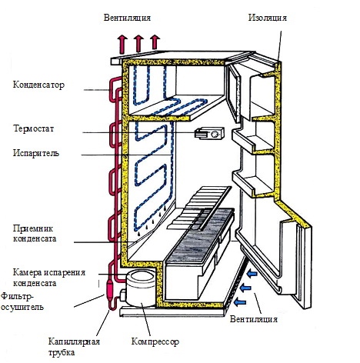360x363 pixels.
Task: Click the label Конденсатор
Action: [x=38, y=85]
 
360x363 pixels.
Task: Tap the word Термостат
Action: [x=34, y=128]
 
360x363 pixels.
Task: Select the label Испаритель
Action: [x=36, y=153]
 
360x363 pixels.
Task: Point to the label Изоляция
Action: [x=268, y=18]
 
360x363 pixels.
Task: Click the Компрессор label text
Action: [x=155, y=341]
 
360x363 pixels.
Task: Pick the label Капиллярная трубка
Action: [x=74, y=347]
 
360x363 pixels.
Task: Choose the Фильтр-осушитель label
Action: [x=22, y=301]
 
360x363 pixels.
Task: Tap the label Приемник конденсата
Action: [x=35, y=233]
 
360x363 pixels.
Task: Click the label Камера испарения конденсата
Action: [x=49, y=278]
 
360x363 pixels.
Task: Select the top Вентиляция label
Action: [x=127, y=18]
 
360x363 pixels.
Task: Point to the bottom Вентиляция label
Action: [x=254, y=319]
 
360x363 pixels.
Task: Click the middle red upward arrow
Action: [x=138, y=44]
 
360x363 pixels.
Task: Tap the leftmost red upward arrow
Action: [x=123, y=45]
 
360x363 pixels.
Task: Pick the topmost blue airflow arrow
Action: [x=252, y=274]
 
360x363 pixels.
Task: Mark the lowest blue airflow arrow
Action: [x=240, y=301]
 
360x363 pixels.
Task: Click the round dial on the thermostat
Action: [x=215, y=134]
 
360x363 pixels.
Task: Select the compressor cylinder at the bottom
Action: [x=141, y=288]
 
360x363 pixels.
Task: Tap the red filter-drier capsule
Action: [x=110, y=289]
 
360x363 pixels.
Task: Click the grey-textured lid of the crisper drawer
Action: [x=199, y=236]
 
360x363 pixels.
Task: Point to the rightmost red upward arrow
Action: [x=155, y=42]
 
